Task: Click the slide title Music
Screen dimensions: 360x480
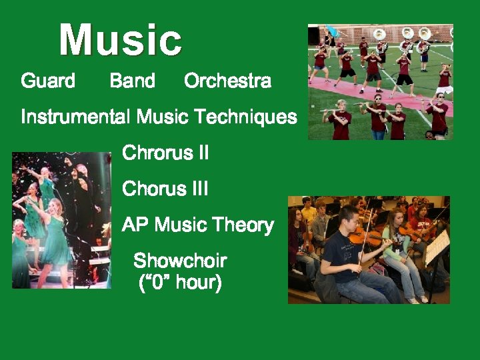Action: point(120,40)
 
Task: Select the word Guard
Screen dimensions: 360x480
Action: point(48,81)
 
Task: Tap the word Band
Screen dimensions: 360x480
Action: point(132,81)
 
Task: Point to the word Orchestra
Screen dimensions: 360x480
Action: point(227,81)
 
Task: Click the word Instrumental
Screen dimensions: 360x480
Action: point(75,117)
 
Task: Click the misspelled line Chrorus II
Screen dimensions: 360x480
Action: point(165,153)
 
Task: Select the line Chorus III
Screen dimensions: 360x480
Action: point(165,189)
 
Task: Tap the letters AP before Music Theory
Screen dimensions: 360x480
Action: point(135,225)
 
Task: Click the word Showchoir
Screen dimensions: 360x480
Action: point(180,260)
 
